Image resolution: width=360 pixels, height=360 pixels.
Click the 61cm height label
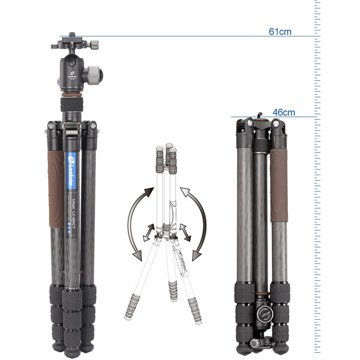pos(280,31)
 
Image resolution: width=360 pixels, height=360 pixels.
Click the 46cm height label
pos(284,112)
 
